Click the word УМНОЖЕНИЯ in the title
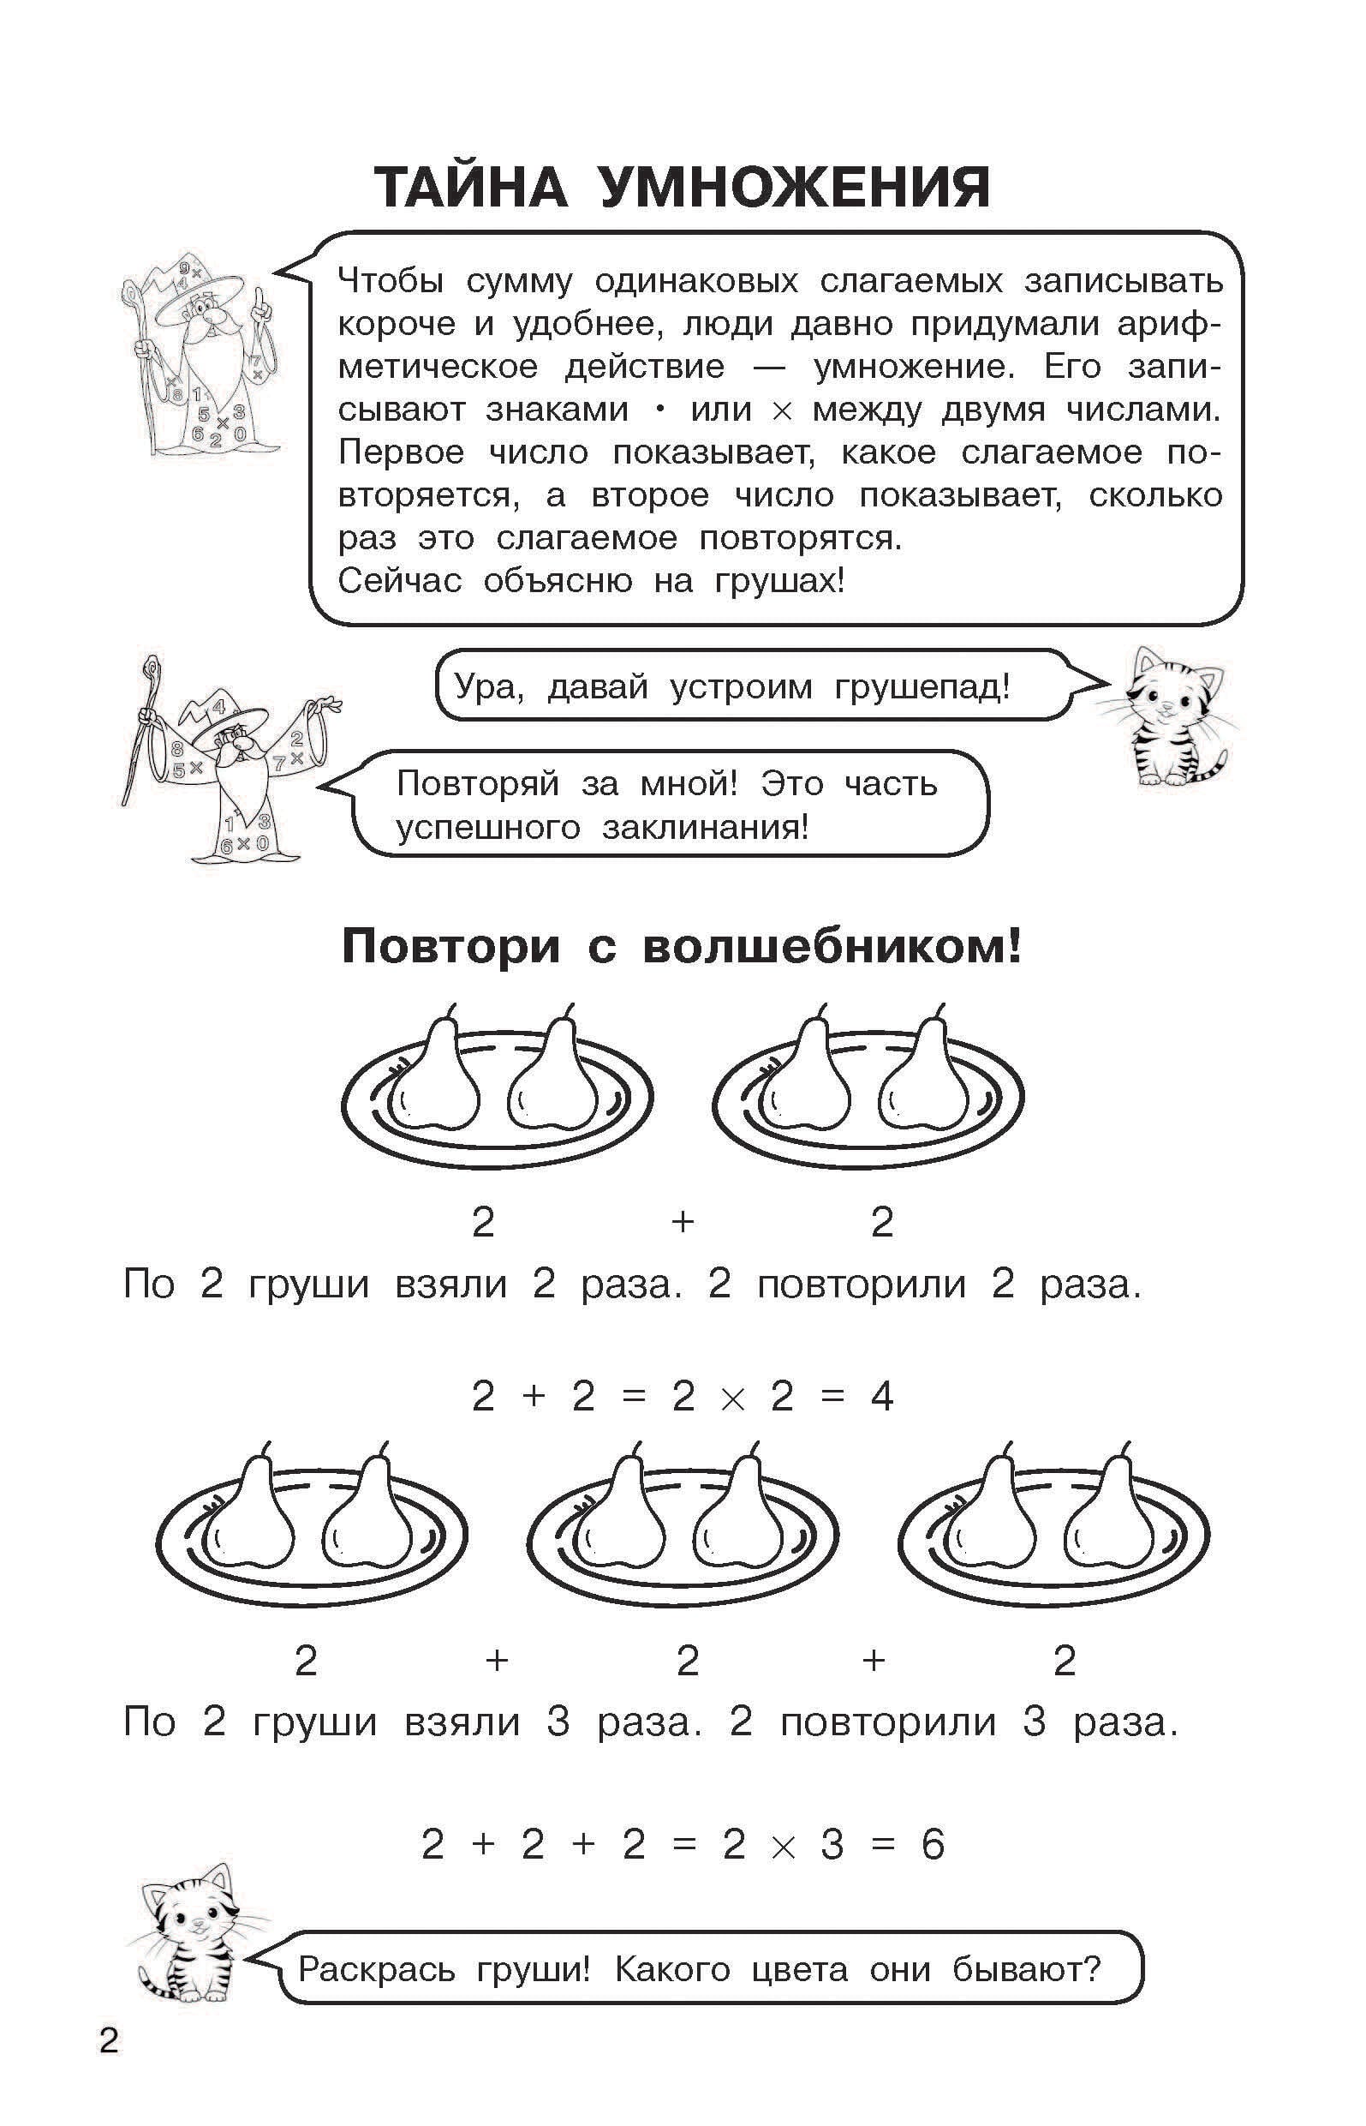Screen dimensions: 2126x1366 tap(794, 189)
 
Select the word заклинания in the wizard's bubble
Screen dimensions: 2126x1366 tap(704, 828)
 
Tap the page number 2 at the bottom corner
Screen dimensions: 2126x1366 tap(109, 2042)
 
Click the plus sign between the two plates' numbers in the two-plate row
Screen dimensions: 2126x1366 tap(682, 1222)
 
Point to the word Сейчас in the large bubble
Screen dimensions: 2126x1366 tap(400, 581)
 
